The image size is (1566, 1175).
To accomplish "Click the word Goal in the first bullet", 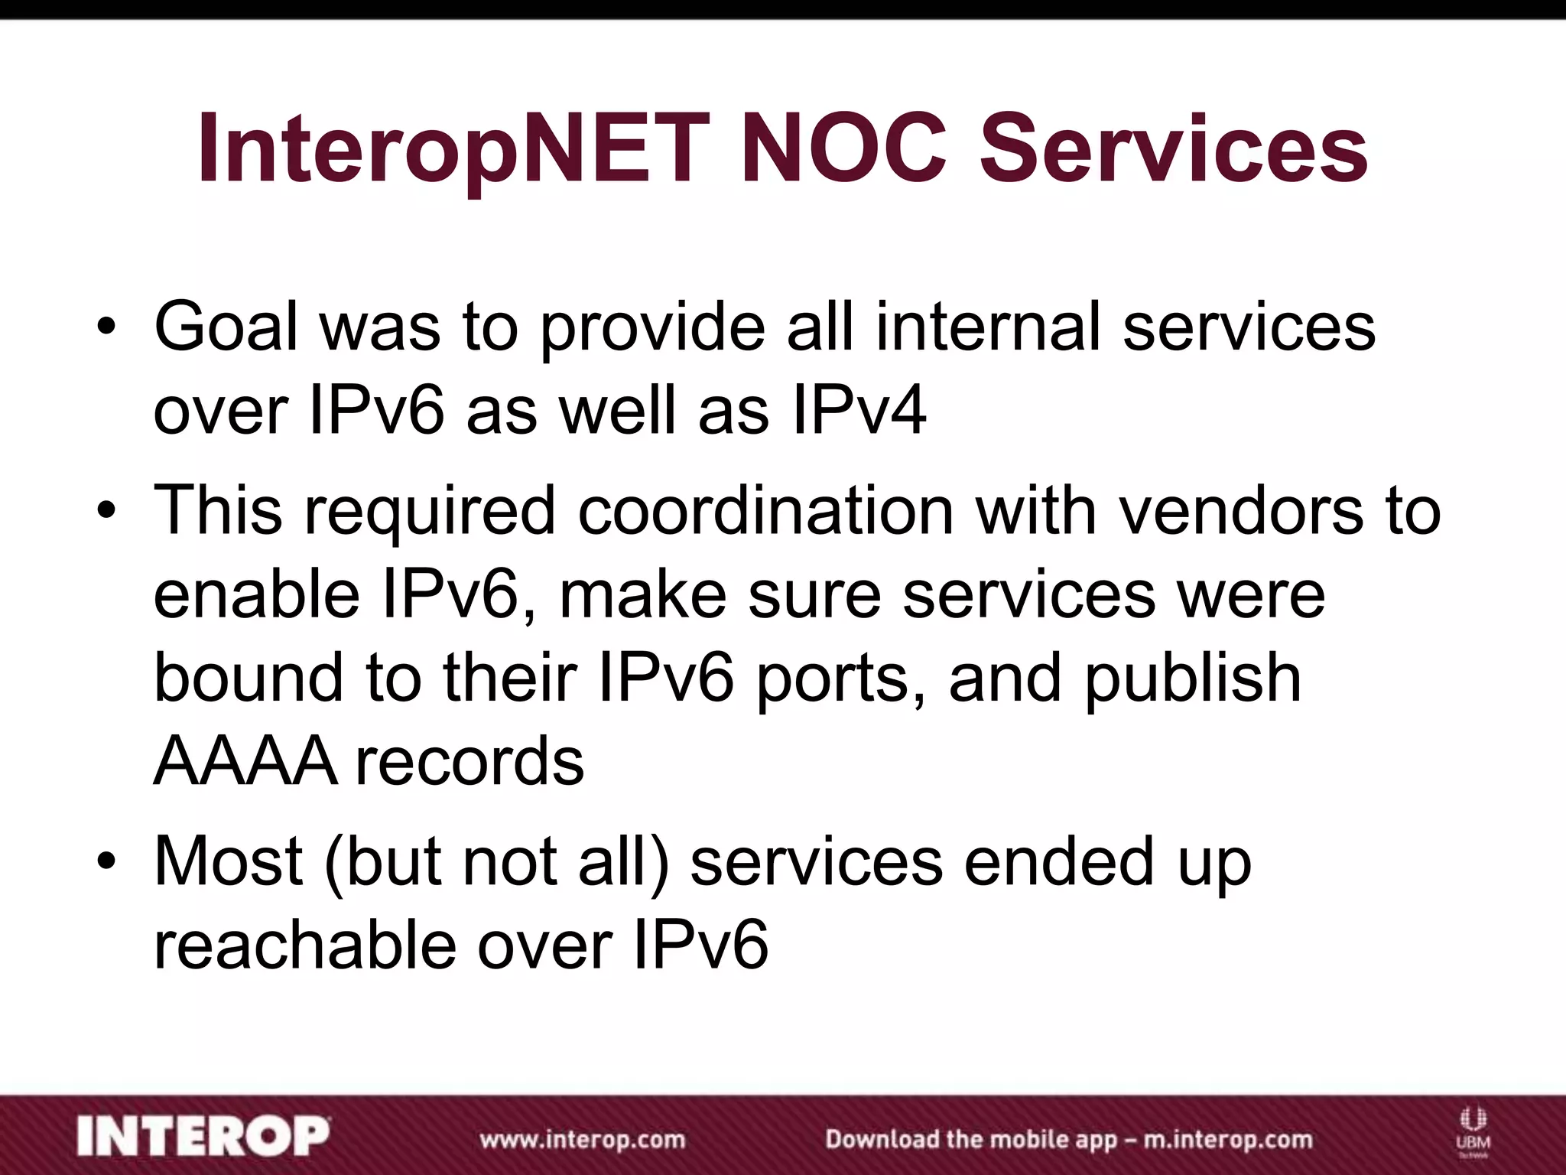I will click(x=226, y=327).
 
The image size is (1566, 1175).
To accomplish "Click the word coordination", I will click(x=765, y=510).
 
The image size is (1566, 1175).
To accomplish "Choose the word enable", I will click(x=257, y=594).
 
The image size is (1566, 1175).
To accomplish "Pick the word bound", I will click(x=249, y=679).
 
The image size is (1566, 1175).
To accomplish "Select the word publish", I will click(x=1193, y=680).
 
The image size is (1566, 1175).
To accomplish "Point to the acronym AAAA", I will click(x=245, y=762).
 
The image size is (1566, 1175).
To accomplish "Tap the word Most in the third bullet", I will click(x=228, y=862).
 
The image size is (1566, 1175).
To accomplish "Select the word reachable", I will click(x=306, y=946).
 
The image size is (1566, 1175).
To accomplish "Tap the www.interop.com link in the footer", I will click(x=582, y=1139).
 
